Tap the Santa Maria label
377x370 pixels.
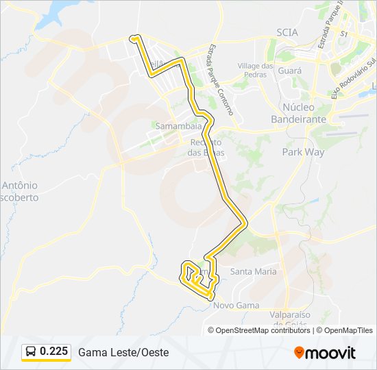point(253,271)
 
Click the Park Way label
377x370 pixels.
point(303,152)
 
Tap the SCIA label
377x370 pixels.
point(288,32)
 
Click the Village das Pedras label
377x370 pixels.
point(255,70)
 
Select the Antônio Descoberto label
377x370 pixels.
point(20,190)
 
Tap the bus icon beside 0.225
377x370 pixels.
point(31,352)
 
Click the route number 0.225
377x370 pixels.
point(54,351)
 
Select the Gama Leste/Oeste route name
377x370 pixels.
point(123,352)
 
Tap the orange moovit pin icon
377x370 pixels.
point(299,353)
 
